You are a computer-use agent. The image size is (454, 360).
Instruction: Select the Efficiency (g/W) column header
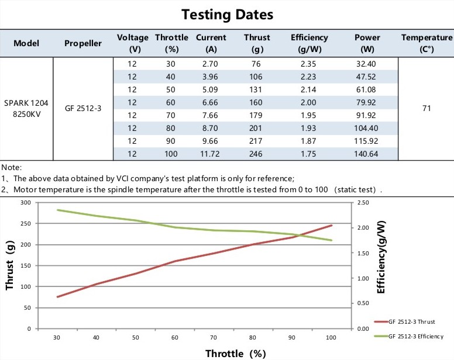[x=309, y=43]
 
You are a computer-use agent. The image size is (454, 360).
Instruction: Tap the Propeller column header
[x=83, y=43]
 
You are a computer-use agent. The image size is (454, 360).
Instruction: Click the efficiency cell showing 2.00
[x=309, y=102]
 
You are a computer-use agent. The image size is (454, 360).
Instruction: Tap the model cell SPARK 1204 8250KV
[x=26, y=108]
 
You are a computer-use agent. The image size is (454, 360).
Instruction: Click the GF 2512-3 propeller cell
[x=83, y=108]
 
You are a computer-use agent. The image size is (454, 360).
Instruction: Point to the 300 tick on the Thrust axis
[x=25, y=202]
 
